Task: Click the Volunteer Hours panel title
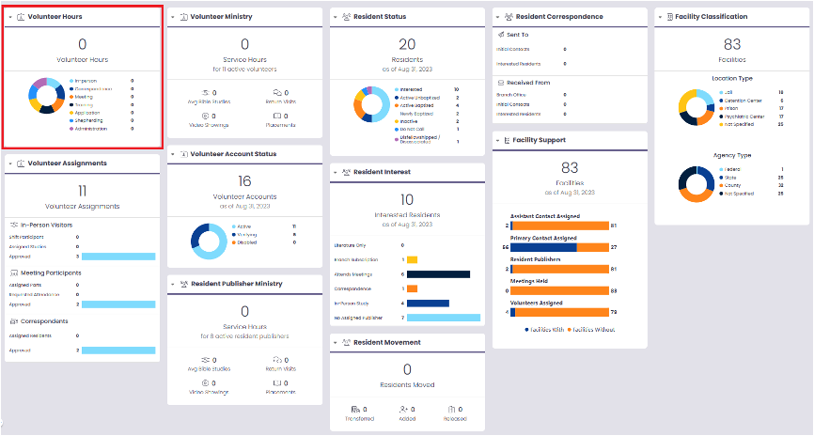coord(55,17)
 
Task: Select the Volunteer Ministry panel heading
coord(221,17)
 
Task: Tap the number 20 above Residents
coord(407,44)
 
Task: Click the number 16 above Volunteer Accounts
coord(244,180)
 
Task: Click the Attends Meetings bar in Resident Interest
coord(438,274)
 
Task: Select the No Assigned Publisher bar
coord(444,318)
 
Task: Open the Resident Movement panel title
coord(387,342)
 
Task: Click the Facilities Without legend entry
coord(593,329)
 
